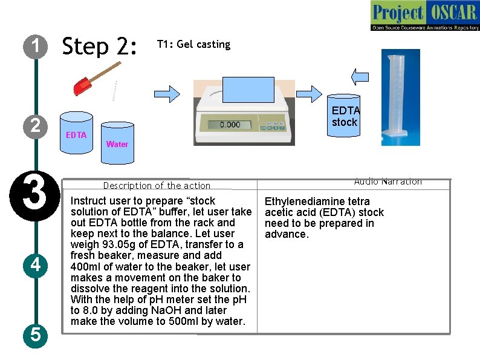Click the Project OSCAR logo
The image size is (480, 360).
[424, 15]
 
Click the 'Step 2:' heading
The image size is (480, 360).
[100, 46]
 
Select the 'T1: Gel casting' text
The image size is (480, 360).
[193, 44]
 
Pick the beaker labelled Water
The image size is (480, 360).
[116, 140]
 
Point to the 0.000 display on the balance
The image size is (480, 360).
[229, 124]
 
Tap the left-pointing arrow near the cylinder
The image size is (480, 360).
[360, 76]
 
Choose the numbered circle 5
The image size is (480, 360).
[36, 334]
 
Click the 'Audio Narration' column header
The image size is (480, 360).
[388, 182]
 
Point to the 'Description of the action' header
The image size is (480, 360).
[157, 186]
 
